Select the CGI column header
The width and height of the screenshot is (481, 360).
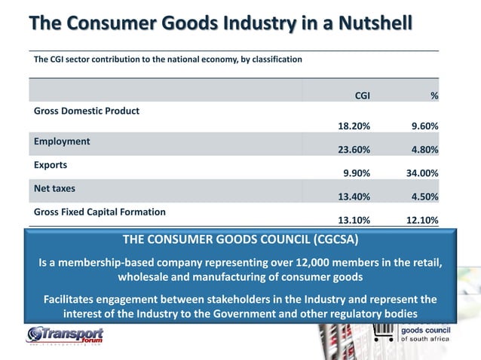click(362, 96)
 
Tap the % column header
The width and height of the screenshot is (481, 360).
click(434, 96)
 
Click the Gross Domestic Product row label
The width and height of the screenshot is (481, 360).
click(87, 110)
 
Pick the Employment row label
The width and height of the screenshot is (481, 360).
click(62, 141)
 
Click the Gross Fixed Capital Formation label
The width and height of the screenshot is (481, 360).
click(100, 212)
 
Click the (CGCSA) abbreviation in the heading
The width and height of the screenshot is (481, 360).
click(328, 240)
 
